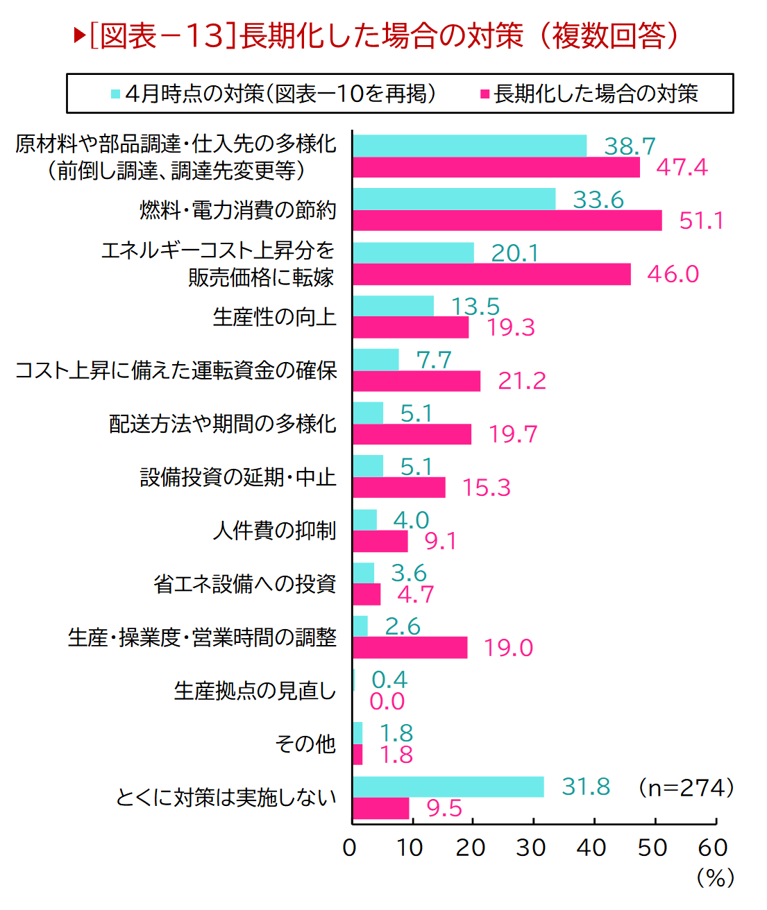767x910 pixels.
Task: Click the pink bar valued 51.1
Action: pyautogui.click(x=507, y=221)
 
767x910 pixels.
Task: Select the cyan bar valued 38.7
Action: pyautogui.click(x=469, y=146)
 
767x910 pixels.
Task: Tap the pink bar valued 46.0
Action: pyautogui.click(x=491, y=274)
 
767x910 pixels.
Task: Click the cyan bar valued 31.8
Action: pyautogui.click(x=448, y=787)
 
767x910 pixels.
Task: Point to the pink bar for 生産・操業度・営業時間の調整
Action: pyautogui.click(x=410, y=647)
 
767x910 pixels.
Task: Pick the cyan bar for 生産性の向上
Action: pyautogui.click(x=393, y=306)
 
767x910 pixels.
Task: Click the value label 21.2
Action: pyautogui.click(x=522, y=381)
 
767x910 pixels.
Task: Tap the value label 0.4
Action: pyautogui.click(x=389, y=680)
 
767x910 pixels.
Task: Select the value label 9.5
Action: pyautogui.click(x=444, y=808)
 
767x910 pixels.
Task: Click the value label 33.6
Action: pyautogui.click(x=598, y=200)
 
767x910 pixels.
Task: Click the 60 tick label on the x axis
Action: pyautogui.click(x=713, y=848)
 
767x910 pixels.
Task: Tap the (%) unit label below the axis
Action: pyautogui.click(x=715, y=878)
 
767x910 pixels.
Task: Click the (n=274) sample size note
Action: pyautogui.click(x=686, y=788)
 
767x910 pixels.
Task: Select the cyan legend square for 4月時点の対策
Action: pyautogui.click(x=116, y=94)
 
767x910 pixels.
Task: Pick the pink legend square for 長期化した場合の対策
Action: pyautogui.click(x=485, y=94)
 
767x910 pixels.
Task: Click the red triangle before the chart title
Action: pyautogui.click(x=79, y=35)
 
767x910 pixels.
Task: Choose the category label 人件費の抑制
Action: pyautogui.click(x=275, y=531)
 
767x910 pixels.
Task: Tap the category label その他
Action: pyautogui.click(x=305, y=744)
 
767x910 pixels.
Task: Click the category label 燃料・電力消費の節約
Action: pyautogui.click(x=238, y=209)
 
